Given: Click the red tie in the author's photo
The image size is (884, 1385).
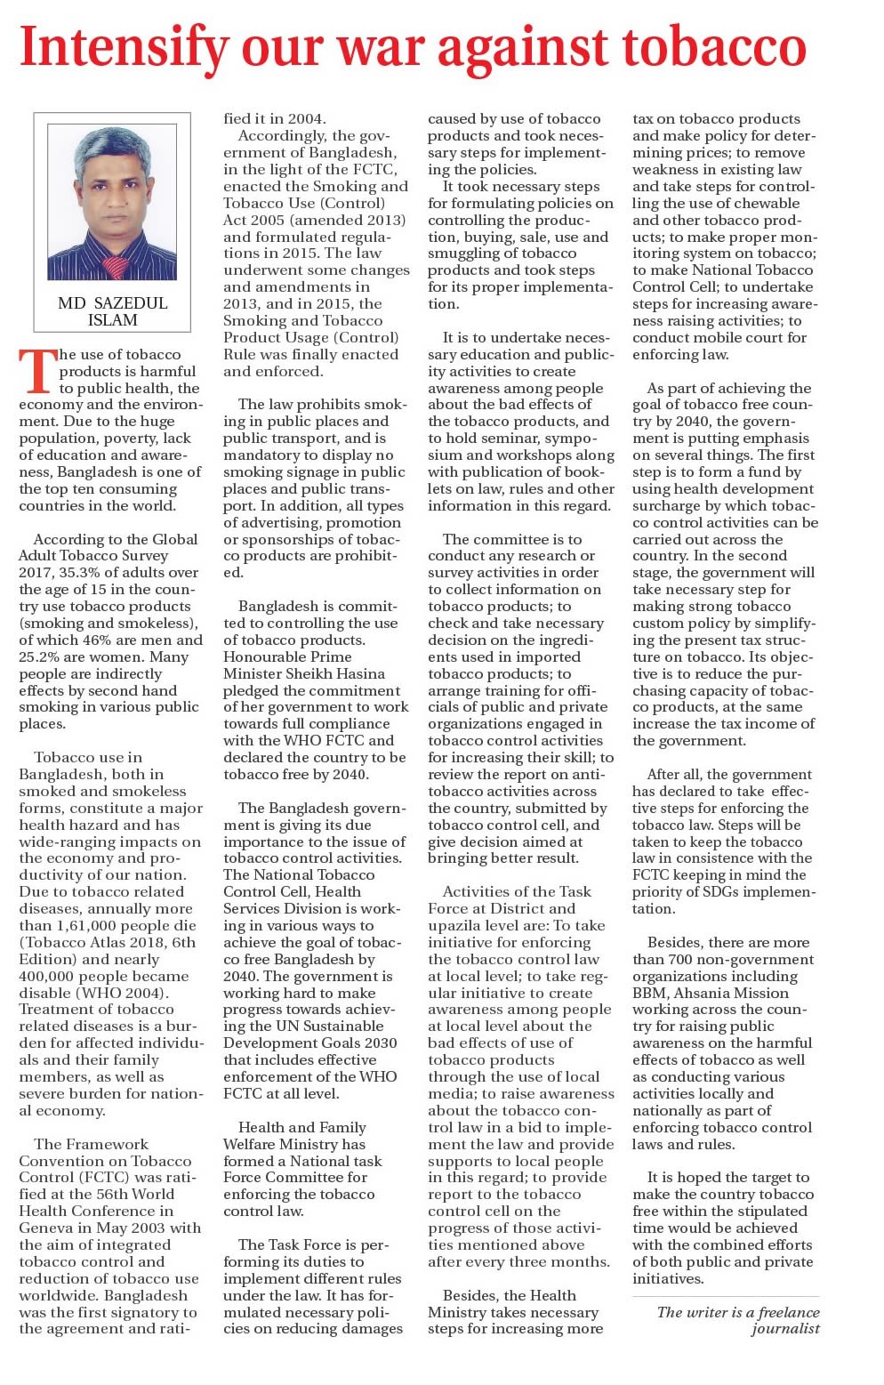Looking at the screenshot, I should pyautogui.click(x=115, y=264).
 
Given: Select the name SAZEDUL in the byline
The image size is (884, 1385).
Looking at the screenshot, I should pyautogui.click(x=129, y=303).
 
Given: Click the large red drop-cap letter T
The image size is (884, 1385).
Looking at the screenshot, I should pyautogui.click(x=37, y=372).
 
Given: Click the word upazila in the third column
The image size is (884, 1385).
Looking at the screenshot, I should pyautogui.click(x=454, y=925).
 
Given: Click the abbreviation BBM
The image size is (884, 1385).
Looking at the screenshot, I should pyautogui.click(x=653, y=993).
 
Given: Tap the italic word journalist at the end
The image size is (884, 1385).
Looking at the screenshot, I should pyautogui.click(x=785, y=1329).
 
